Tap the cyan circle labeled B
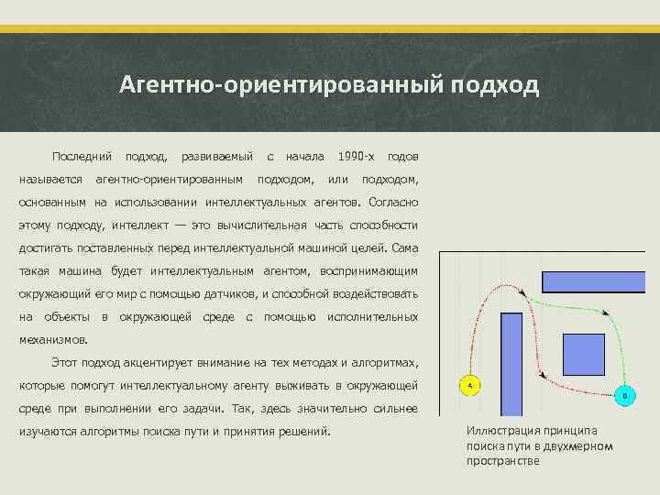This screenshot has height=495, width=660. pos(625,395)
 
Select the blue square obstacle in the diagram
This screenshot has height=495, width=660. pos(582,355)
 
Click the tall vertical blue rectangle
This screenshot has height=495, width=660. pos(511,365)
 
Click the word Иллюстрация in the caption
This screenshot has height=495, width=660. pos(500,431)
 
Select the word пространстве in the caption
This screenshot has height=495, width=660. pos(503,461)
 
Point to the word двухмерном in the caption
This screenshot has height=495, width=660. pos(577,445)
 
